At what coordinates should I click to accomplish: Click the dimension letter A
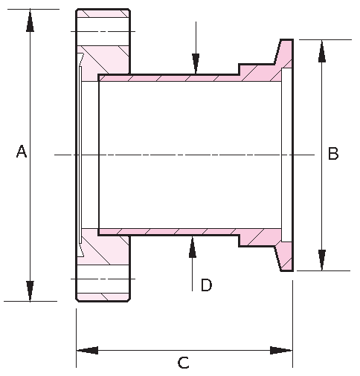coord(22,152)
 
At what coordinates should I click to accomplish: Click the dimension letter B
coord(333,154)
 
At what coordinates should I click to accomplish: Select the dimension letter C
coord(183,363)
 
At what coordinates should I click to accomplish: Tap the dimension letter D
coord(206,285)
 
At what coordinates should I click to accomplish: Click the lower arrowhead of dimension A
coord(30,290)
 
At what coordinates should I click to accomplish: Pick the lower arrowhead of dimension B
coord(321,259)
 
